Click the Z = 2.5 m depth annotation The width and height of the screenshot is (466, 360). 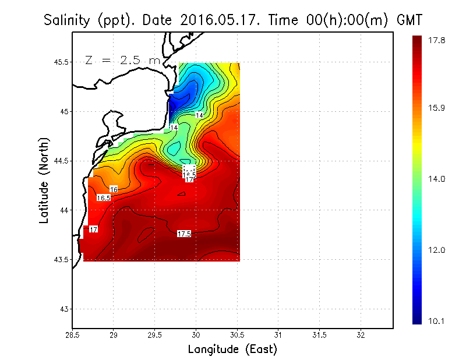(121, 61)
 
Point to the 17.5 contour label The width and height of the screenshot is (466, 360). (184, 234)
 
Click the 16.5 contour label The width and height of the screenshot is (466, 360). (104, 198)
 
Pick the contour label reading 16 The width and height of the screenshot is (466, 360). (114, 189)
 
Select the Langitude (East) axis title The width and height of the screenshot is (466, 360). (232, 350)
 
